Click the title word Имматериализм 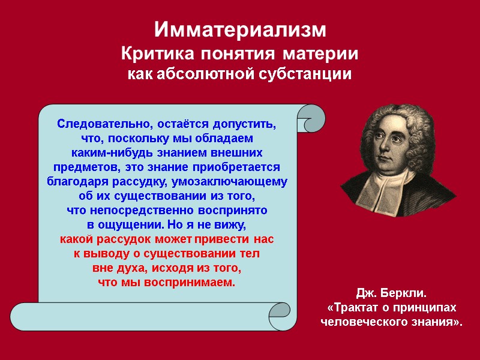(x=240, y=31)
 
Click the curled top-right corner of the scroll (x=310, y=118)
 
